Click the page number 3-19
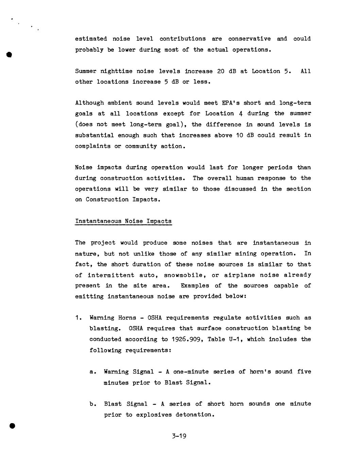tap(179, 436)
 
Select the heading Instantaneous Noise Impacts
tap(123, 221)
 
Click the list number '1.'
tap(79, 318)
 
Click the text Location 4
tap(224, 114)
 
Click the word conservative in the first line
tap(249, 39)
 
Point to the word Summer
tap(86, 71)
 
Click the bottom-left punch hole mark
tap(13, 426)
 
